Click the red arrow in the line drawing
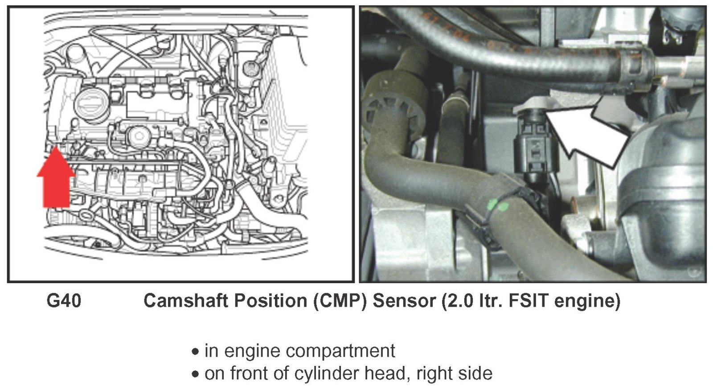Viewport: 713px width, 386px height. click(55, 181)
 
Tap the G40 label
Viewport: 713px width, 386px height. click(64, 301)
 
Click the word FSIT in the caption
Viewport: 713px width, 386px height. click(526, 301)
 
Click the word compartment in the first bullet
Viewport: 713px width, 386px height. click(342, 352)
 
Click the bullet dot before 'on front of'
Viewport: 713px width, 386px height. click(195, 374)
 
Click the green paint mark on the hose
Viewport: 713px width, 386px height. click(497, 205)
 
